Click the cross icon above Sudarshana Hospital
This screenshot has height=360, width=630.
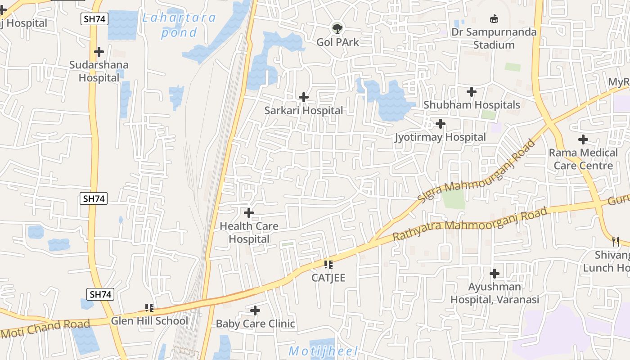tap(99, 51)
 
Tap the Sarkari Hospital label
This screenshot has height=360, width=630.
tap(303, 110)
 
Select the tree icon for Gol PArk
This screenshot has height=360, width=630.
tap(337, 28)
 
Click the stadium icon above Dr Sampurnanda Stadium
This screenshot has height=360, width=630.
tap(494, 18)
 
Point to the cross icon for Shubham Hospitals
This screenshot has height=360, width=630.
tap(471, 92)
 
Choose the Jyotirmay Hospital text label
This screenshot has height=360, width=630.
tap(440, 137)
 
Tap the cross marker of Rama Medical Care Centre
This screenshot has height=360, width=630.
tap(583, 139)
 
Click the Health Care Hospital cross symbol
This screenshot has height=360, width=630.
tap(248, 213)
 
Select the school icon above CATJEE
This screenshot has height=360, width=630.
tap(328, 265)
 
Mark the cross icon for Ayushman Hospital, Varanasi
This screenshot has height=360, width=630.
tap(495, 274)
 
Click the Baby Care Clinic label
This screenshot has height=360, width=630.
tap(255, 324)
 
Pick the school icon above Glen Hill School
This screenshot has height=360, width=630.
tap(149, 308)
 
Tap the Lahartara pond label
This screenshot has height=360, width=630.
tap(179, 25)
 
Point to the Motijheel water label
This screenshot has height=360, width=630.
tap(323, 351)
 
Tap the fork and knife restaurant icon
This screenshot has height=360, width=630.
tap(616, 242)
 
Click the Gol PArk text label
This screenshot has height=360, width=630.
tap(337, 42)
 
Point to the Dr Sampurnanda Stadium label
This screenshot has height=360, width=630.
tap(494, 38)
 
